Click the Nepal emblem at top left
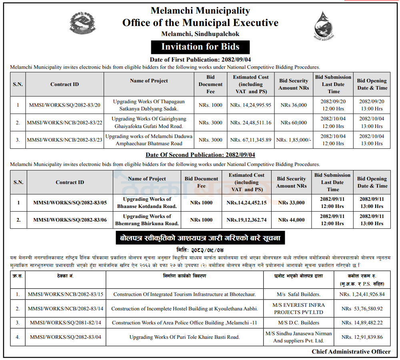(83, 25)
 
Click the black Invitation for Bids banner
(200, 47)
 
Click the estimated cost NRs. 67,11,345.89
(251, 140)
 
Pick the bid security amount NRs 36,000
(294, 105)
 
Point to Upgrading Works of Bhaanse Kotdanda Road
(147, 203)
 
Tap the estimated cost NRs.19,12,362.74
(246, 220)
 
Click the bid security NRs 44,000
(291, 220)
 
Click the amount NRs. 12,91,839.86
(362, 337)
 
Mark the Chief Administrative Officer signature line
(351, 352)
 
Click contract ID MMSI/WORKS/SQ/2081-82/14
(66, 323)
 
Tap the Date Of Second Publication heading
(200, 155)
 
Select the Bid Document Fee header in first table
(210, 84)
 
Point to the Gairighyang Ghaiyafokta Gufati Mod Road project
(148, 122)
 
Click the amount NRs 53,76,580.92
(362, 309)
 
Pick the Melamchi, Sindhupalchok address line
(200, 34)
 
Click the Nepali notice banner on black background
(200, 238)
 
